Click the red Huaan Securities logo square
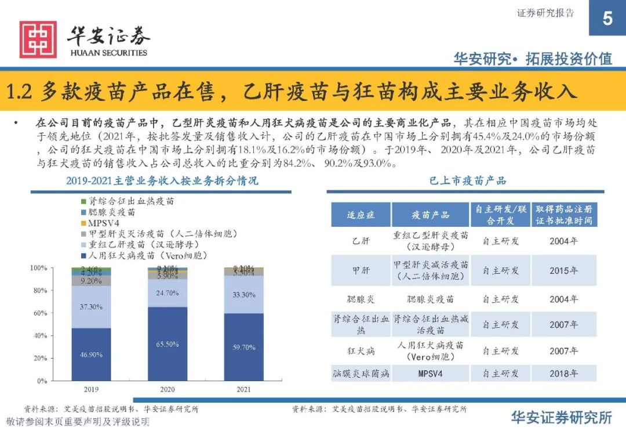coord(38,39)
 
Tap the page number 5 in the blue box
coord(607,19)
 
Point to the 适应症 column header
coord(361,215)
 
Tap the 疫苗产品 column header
coord(431,215)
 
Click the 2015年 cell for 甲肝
coord(563,270)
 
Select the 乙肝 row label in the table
coord(361,241)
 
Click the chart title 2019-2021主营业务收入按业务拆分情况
coord(162,181)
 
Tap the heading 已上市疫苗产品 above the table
coord(468,180)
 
